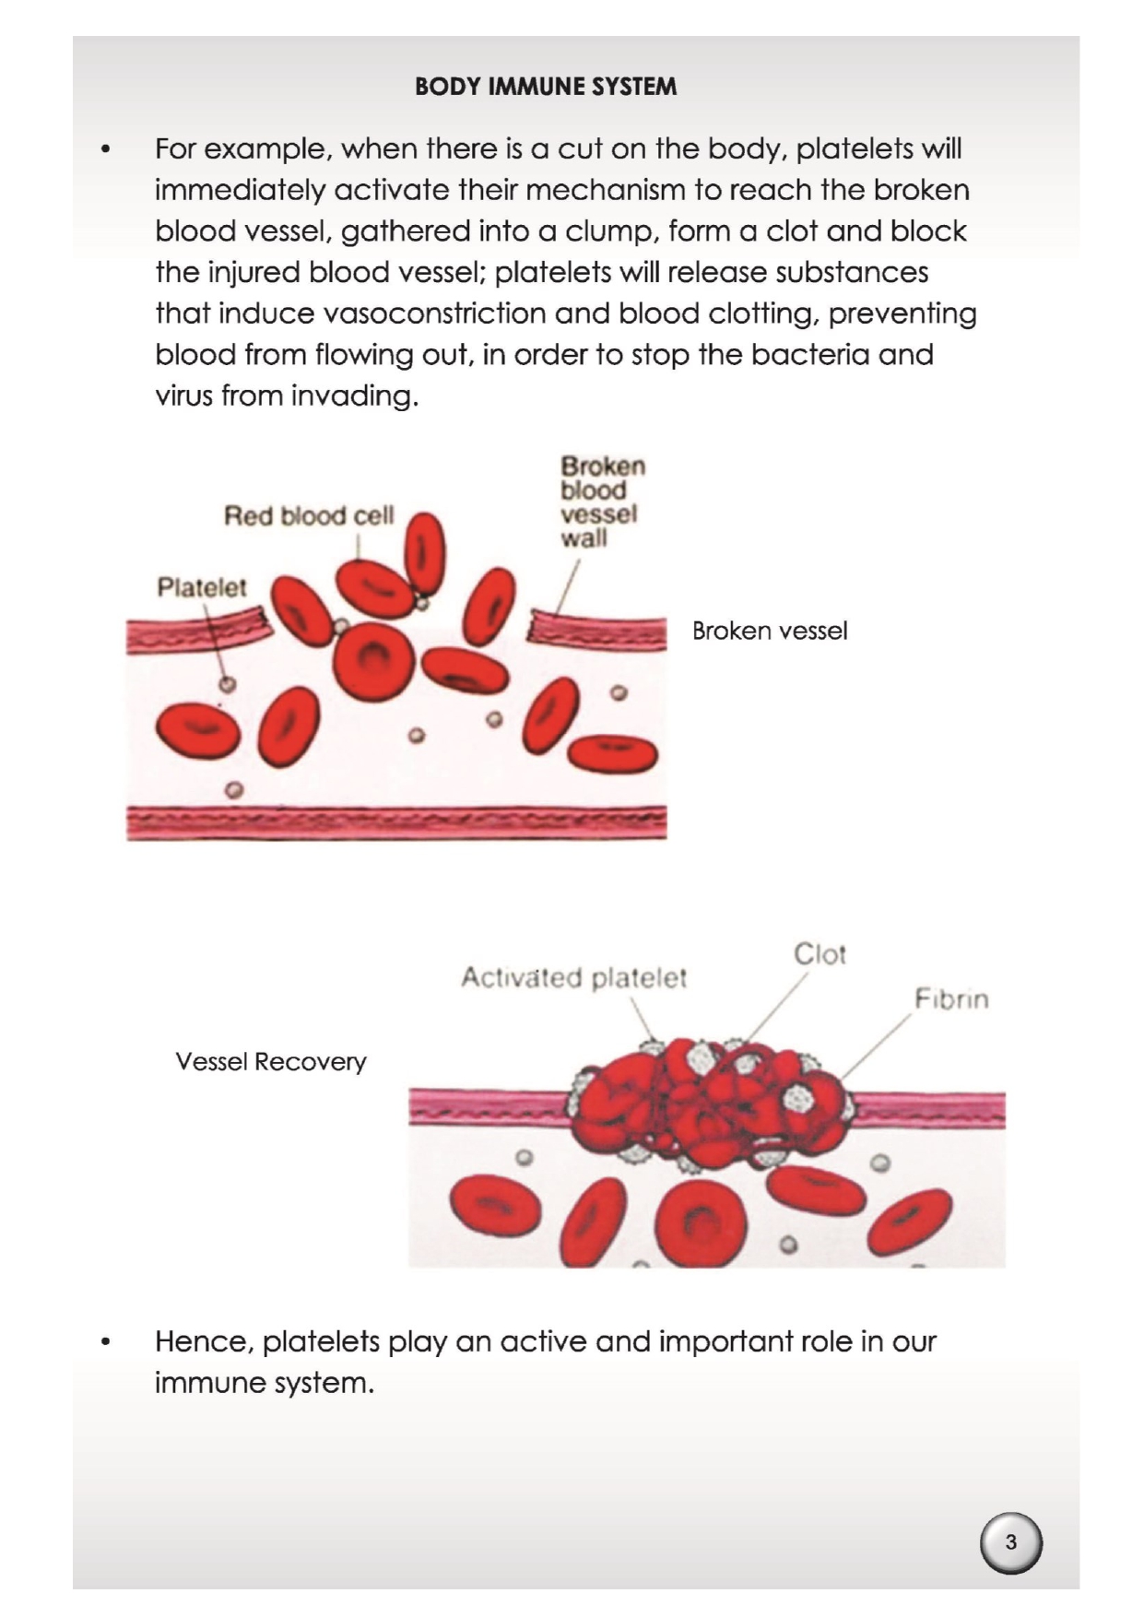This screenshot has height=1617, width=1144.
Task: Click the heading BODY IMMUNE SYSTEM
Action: coord(546,87)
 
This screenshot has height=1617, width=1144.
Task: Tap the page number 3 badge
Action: coord(1010,1541)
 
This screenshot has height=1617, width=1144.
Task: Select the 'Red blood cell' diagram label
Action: coord(309,515)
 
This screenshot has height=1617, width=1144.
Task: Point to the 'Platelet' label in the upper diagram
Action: coord(202,587)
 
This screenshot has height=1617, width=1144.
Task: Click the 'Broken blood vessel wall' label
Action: coord(602,502)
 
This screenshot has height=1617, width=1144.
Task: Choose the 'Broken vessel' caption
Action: coord(770,631)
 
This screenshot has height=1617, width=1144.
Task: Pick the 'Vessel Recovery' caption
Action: coord(271,1062)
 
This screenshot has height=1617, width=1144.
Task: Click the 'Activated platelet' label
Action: coord(573,977)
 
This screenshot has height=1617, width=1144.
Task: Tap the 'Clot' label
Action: coord(820,954)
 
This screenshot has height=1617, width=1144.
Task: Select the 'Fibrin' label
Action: coord(951,999)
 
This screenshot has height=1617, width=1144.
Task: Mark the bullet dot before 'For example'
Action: coord(107,149)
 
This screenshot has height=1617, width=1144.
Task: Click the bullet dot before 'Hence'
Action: coord(107,1342)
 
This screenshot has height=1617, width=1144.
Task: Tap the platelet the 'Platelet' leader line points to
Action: coord(228,684)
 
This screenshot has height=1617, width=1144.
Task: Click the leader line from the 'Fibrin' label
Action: coord(876,1045)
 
